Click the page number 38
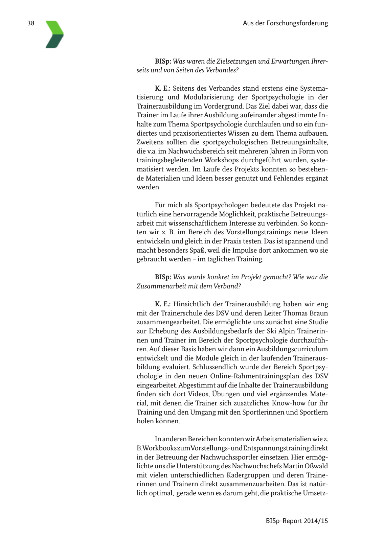(31, 23)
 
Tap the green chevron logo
(54, 34)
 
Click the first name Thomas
(295, 313)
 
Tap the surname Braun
(319, 313)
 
